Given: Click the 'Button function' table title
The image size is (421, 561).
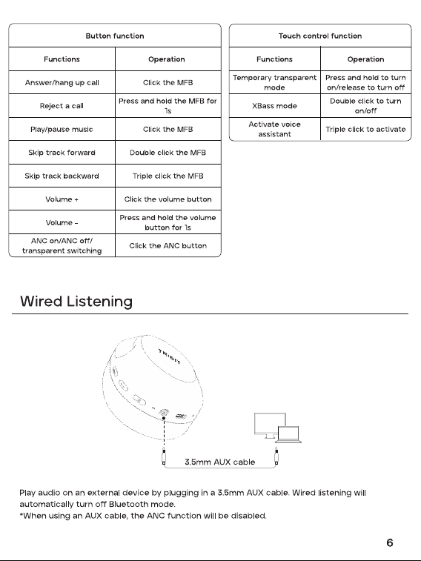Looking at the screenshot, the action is pyautogui.click(x=115, y=36).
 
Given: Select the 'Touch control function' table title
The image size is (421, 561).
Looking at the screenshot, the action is pyautogui.click(x=320, y=36).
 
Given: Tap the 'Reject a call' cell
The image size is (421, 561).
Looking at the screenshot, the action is pyautogui.click(x=62, y=106).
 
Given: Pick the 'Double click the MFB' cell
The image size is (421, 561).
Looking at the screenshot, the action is pyautogui.click(x=168, y=153).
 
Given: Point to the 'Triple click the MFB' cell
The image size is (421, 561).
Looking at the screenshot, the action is pyautogui.click(x=168, y=176).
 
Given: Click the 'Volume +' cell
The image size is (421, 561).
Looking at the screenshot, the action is pyautogui.click(x=62, y=199).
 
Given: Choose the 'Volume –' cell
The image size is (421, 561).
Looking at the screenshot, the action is pyautogui.click(x=62, y=222).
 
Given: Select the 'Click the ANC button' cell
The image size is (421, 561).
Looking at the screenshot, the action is pyautogui.click(x=168, y=246).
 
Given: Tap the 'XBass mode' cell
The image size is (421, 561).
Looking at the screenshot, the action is pyautogui.click(x=274, y=106).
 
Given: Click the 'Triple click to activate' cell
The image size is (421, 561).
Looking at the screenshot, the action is pyautogui.click(x=365, y=129).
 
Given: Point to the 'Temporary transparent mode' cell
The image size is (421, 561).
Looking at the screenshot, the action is pyautogui.click(x=274, y=82).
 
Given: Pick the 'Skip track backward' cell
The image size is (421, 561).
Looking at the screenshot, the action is pyautogui.click(x=62, y=176).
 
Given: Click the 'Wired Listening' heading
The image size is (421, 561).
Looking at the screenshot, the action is pyautogui.click(x=76, y=302).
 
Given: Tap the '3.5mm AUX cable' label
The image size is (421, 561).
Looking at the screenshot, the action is pyautogui.click(x=219, y=462).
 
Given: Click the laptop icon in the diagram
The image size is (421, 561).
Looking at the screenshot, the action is pyautogui.click(x=288, y=434).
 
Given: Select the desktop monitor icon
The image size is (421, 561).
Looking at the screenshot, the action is pyautogui.click(x=270, y=425).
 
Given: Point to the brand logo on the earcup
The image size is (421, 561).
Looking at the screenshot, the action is pyautogui.click(x=170, y=356).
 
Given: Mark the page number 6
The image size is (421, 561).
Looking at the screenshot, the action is pyautogui.click(x=390, y=542).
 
